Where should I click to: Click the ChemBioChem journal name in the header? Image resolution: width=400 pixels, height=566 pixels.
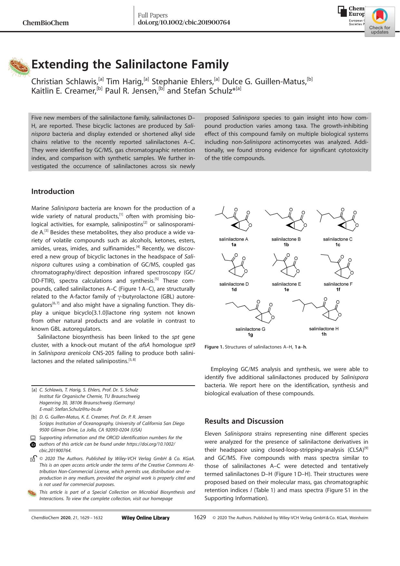point(45,23)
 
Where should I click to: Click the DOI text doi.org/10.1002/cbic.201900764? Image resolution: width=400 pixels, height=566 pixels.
point(184,23)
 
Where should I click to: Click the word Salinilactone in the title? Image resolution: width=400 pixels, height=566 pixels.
point(151,65)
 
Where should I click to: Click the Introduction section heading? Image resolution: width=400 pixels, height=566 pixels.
point(53,191)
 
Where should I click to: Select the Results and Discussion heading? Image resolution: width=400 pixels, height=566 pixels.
point(244,421)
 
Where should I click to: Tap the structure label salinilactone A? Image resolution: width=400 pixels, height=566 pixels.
point(233,239)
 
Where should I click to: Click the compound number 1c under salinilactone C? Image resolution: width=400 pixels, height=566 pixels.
point(337,245)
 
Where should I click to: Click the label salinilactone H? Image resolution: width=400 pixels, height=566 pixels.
point(324,328)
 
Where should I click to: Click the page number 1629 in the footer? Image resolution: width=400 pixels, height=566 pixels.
point(200,517)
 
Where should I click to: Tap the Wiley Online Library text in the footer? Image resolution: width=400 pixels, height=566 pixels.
point(145,518)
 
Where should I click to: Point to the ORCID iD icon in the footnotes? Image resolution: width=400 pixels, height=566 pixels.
point(33,444)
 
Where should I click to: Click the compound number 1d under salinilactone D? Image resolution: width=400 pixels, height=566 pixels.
point(234,289)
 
